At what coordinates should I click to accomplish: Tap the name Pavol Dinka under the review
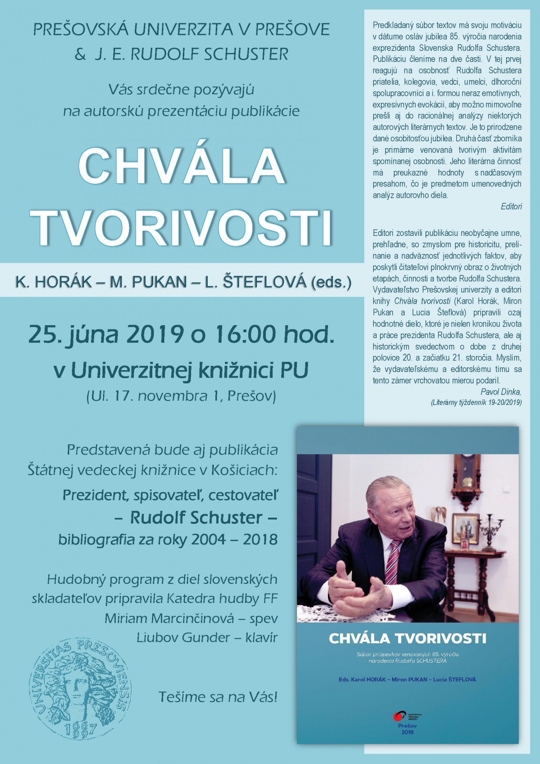click(x=501, y=392)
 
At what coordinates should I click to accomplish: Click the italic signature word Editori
click(x=511, y=206)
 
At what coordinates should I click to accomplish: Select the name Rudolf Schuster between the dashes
click(x=196, y=518)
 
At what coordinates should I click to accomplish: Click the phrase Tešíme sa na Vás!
click(x=218, y=697)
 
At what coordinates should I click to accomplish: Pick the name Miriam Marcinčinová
click(x=169, y=618)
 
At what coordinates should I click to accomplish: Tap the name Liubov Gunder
click(x=183, y=637)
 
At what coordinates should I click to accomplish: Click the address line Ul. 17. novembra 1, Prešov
click(x=181, y=396)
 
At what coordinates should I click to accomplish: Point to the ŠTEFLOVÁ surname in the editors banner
click(x=255, y=282)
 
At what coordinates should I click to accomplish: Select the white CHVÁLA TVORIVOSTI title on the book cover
click(x=407, y=638)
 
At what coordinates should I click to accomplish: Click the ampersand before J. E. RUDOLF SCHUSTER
click(x=80, y=54)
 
